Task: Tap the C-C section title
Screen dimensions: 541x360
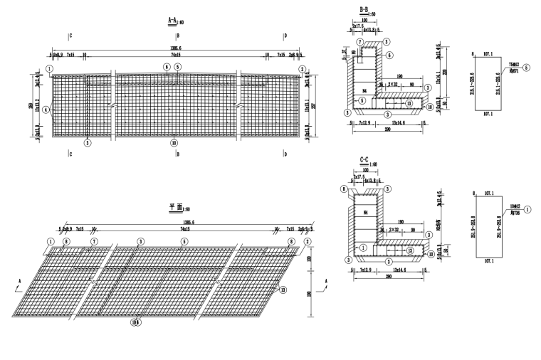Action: tap(364, 160)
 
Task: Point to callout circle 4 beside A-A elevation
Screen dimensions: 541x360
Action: tap(46, 110)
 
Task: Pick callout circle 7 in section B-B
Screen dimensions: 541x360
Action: tap(360, 43)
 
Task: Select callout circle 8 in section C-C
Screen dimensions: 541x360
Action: tap(344, 189)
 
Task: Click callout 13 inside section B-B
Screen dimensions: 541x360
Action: tap(409, 102)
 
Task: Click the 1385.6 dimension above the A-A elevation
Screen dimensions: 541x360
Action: tap(175, 47)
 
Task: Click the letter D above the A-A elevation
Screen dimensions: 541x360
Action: tap(285, 34)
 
